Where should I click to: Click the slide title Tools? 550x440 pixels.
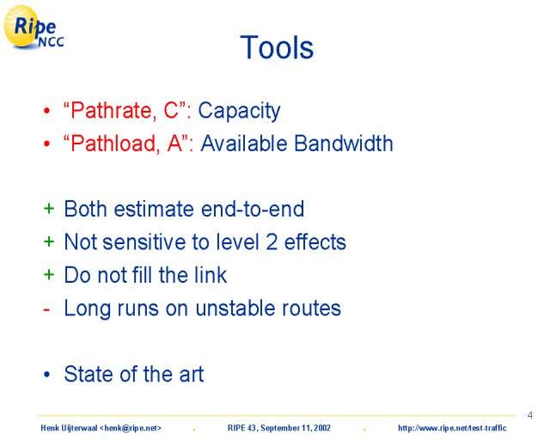[277, 47]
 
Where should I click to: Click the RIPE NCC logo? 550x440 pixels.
[34, 27]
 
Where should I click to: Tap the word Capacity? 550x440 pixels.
[239, 111]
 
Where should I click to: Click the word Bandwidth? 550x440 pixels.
[344, 144]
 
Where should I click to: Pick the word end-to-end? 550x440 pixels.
[253, 209]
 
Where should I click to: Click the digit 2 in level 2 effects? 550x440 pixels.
[272, 242]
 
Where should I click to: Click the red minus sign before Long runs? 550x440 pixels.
[46, 310]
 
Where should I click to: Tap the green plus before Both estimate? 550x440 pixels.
[49, 209]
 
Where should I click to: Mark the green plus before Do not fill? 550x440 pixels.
[49, 274]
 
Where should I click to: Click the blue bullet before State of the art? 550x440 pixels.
[47, 375]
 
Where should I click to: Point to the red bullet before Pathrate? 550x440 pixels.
[47, 111]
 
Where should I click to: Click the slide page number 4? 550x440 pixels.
[529, 415]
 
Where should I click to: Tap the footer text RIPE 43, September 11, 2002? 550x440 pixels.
[279, 428]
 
